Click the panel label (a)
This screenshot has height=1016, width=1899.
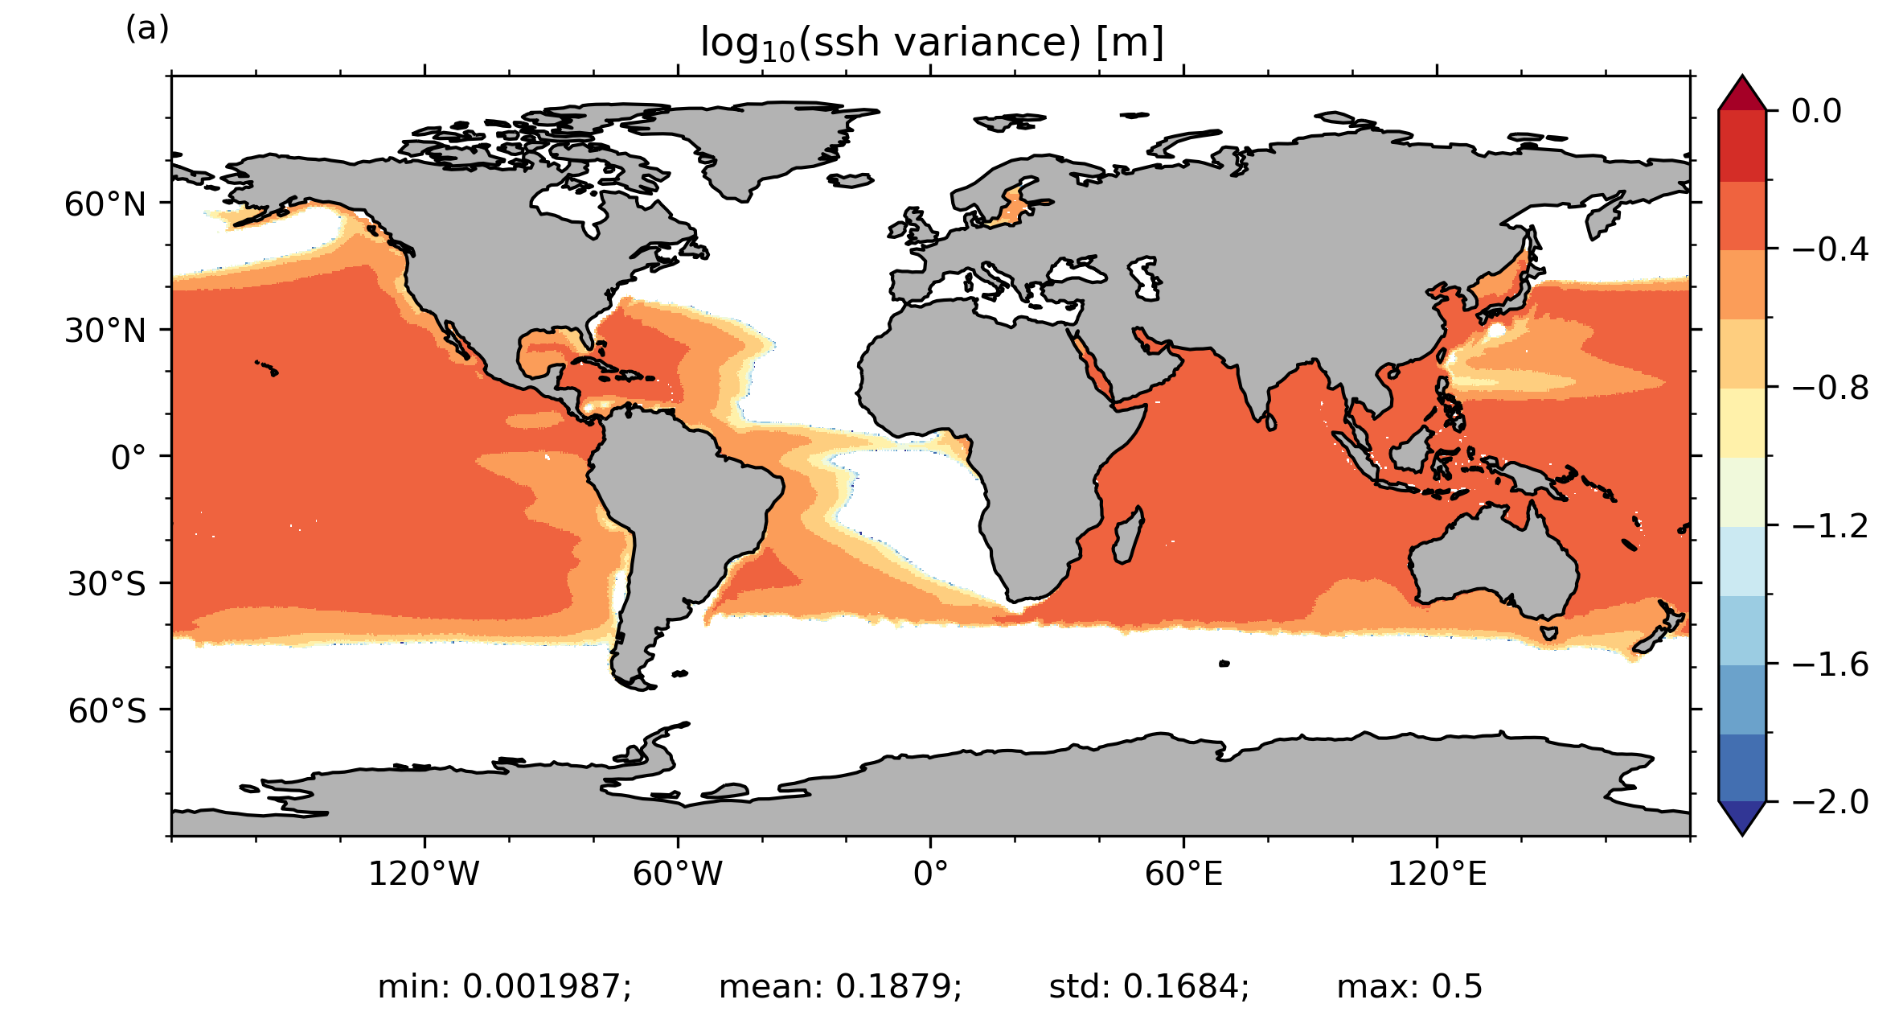tap(147, 29)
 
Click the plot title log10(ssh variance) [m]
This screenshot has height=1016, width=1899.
tap(931, 43)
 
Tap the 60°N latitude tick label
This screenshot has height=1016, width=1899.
tap(105, 205)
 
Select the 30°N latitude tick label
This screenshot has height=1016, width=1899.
tap(105, 331)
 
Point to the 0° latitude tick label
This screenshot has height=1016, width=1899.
tap(129, 458)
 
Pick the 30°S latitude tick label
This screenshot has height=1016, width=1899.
tap(107, 584)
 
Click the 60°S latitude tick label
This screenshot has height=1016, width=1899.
tap(107, 711)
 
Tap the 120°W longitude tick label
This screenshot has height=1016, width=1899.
tap(424, 874)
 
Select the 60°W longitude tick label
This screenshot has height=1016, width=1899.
tap(678, 874)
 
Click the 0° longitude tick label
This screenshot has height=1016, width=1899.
tap(930, 874)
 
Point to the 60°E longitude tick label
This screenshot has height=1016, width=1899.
tap(1183, 874)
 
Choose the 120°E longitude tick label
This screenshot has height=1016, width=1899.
tap(1437, 874)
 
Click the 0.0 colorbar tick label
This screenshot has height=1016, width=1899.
tap(1816, 111)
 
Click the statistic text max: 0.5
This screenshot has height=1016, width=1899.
tap(1409, 986)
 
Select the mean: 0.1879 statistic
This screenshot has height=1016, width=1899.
tap(840, 986)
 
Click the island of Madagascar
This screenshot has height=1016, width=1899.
tap(1128, 536)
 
